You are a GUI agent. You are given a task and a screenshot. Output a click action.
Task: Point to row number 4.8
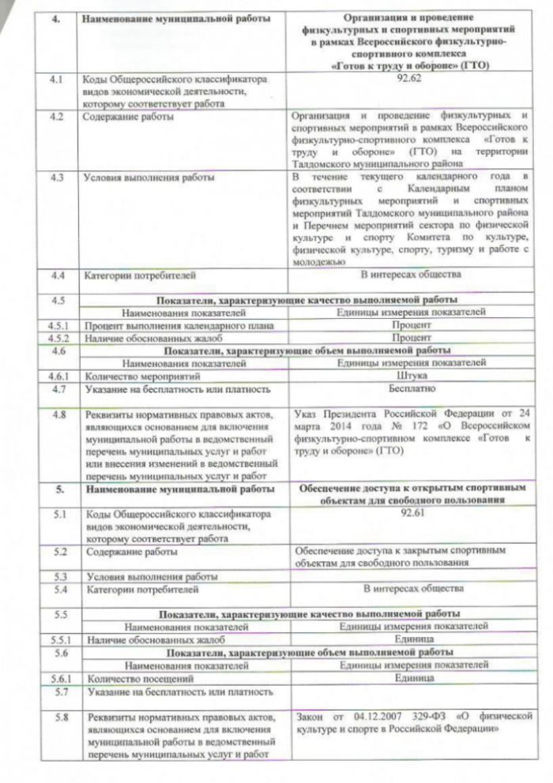click(x=58, y=414)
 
